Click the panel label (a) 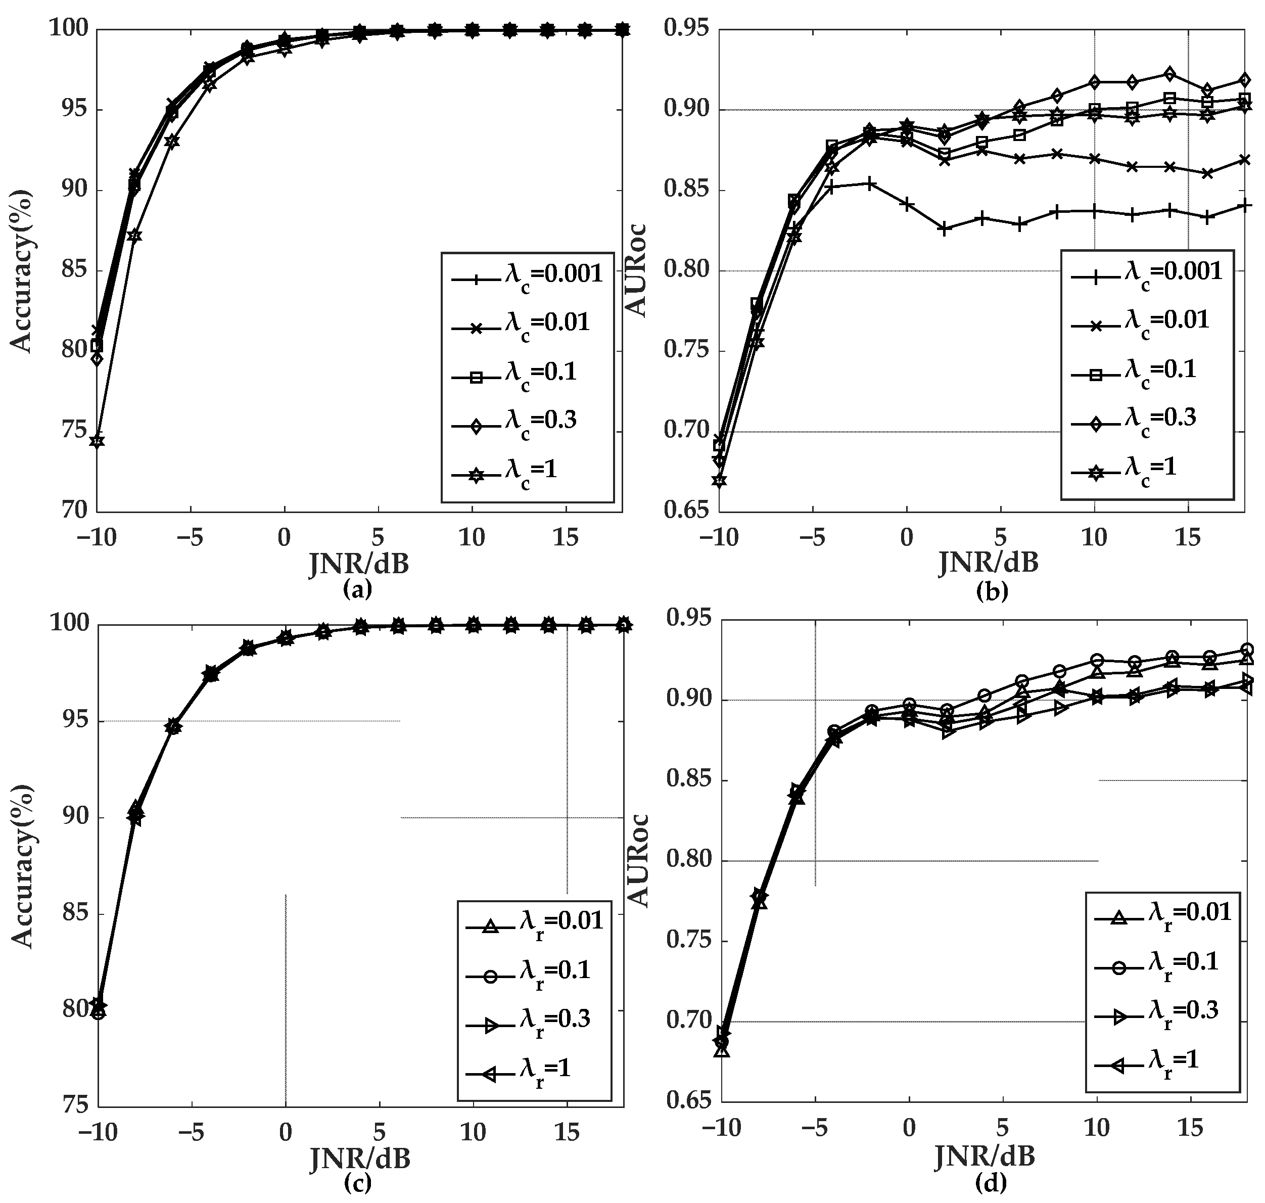coord(358,589)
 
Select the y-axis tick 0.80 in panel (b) coord(685,270)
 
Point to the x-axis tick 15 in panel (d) coord(1190,1129)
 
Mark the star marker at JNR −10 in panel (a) coord(98,441)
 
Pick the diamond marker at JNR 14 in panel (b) coord(1170,74)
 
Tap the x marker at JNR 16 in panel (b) coord(1207,173)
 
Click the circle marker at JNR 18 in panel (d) coord(1247,649)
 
